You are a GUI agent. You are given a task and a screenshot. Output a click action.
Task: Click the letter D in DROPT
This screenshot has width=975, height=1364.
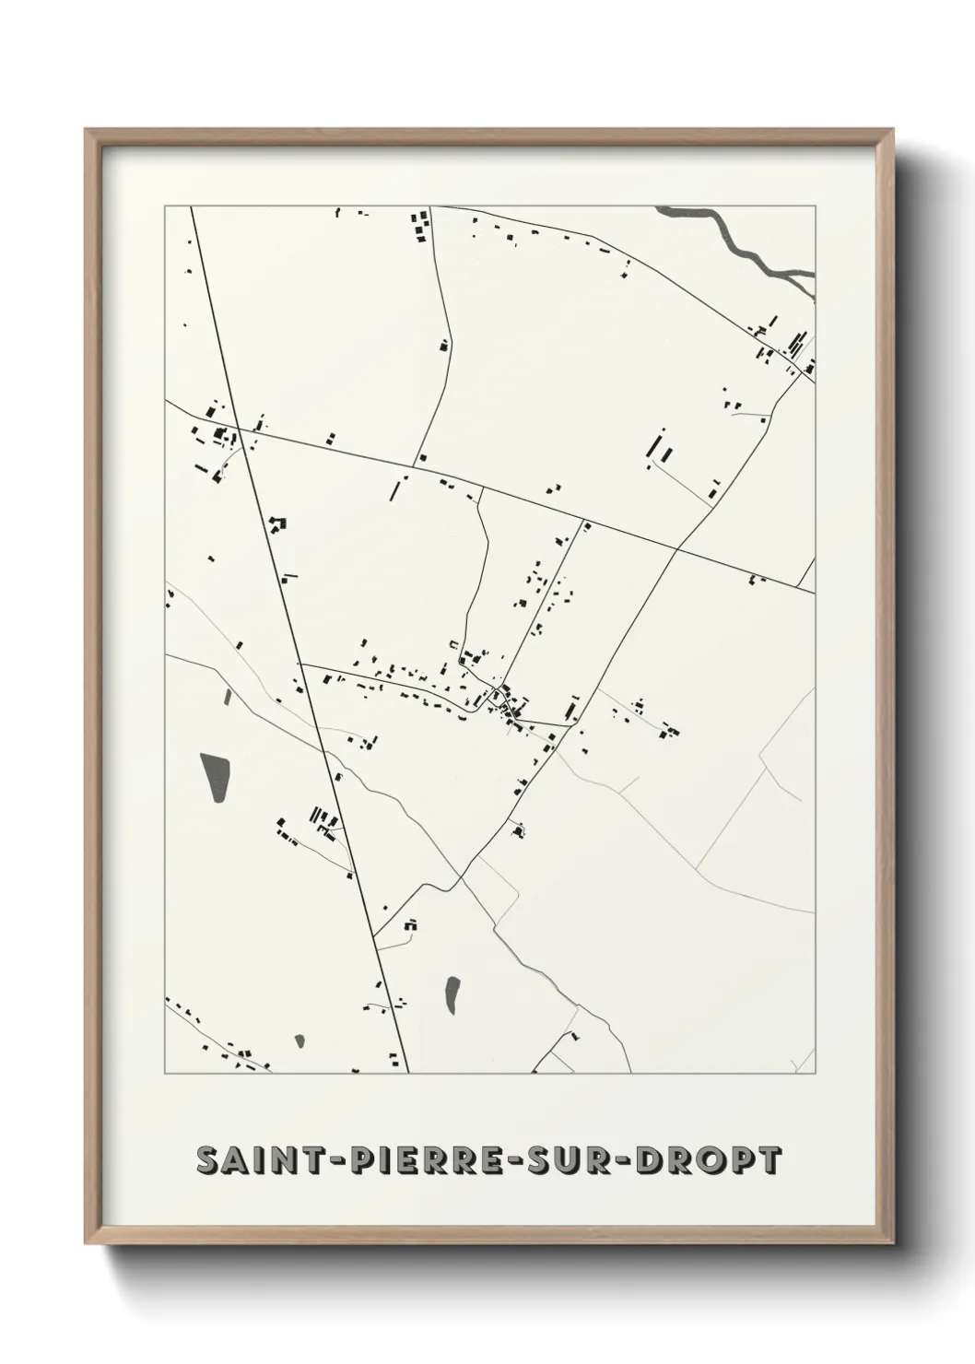(664, 1161)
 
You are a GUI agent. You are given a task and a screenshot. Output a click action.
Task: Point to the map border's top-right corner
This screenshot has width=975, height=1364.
(816, 206)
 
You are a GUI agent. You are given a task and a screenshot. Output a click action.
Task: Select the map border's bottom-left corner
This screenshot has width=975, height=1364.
(166, 1074)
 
